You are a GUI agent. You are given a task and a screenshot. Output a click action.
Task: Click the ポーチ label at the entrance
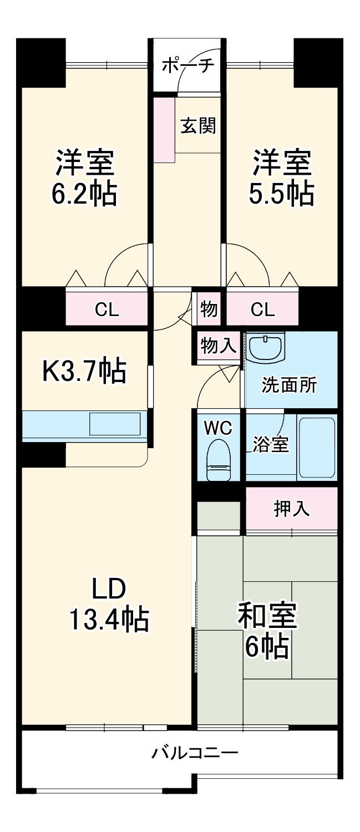(x=187, y=66)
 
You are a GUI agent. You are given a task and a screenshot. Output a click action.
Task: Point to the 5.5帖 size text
(x=281, y=194)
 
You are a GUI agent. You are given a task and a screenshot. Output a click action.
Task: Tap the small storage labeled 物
(x=209, y=310)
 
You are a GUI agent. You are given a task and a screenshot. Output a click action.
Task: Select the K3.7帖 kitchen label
(x=84, y=371)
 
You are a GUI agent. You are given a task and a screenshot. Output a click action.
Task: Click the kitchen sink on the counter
(x=115, y=424)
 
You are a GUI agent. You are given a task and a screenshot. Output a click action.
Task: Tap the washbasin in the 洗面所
(x=265, y=348)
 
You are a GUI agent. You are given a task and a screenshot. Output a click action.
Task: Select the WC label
(x=218, y=428)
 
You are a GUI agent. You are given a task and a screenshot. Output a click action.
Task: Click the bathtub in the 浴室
(x=317, y=447)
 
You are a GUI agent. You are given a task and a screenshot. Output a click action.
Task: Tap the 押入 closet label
(x=291, y=509)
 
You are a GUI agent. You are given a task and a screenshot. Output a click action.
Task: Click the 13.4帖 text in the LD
(x=109, y=620)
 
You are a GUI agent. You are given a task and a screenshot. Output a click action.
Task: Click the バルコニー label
(x=195, y=753)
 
